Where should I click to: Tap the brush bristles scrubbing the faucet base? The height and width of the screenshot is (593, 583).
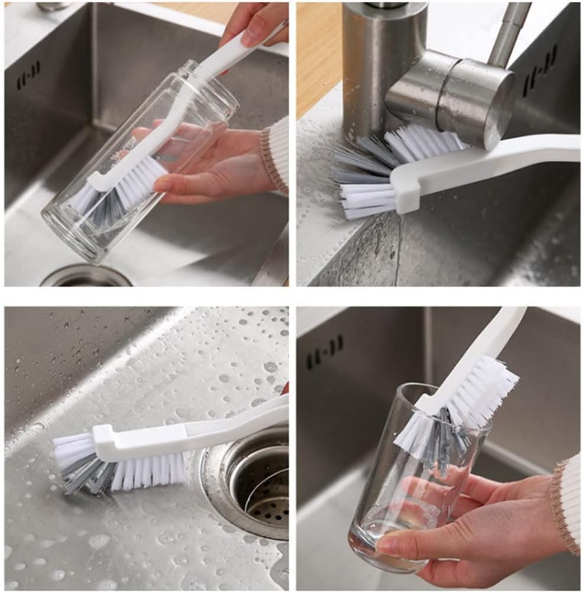[378, 171]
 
